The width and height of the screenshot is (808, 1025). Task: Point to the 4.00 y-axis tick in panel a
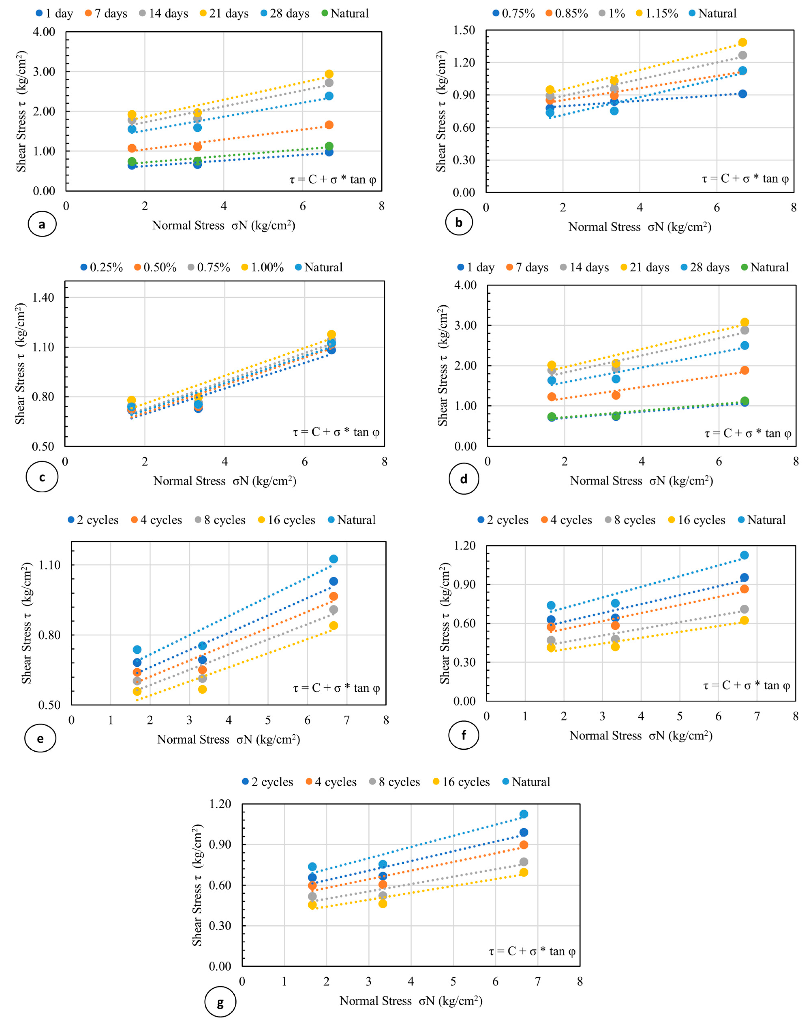(44, 32)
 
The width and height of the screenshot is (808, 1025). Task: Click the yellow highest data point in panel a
(329, 74)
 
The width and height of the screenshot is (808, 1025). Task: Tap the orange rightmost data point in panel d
(745, 370)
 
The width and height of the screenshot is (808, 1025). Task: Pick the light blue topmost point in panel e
(333, 559)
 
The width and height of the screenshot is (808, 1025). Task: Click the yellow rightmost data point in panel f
(744, 620)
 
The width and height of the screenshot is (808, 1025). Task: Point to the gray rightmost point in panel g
(524, 862)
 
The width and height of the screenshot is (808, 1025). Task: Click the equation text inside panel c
(336, 432)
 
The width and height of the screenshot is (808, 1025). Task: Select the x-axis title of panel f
(641, 736)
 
